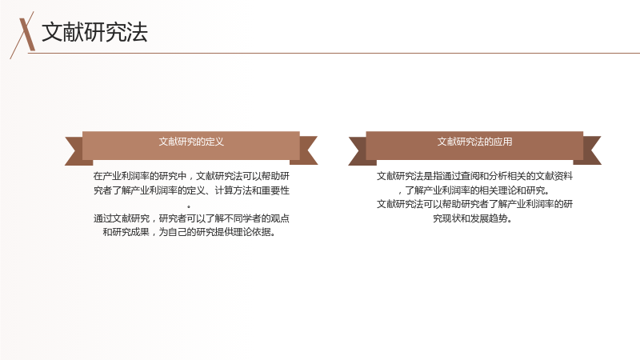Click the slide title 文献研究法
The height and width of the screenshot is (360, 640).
click(x=94, y=32)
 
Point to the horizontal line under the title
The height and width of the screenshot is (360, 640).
click(x=334, y=53)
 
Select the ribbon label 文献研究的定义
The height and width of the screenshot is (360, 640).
click(x=191, y=142)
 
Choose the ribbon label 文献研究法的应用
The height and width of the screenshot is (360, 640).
click(x=474, y=142)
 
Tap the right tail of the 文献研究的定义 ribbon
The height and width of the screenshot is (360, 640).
click(x=308, y=150)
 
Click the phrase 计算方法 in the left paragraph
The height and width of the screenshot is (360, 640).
click(x=233, y=190)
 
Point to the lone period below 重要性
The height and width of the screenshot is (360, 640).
click(x=189, y=206)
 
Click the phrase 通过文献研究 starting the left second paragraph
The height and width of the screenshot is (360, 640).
click(x=122, y=218)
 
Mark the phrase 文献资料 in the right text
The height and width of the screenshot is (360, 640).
click(x=554, y=176)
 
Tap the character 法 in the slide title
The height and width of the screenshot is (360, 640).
click(x=137, y=32)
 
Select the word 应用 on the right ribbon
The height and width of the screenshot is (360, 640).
click(x=503, y=142)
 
